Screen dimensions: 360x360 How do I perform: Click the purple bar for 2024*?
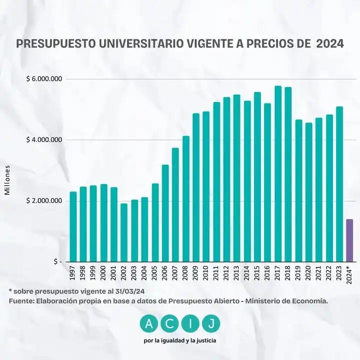(349, 240)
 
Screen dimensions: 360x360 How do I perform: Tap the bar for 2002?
(124, 232)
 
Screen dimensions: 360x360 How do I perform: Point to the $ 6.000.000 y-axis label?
(44, 79)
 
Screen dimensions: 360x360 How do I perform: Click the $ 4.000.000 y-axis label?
(44, 139)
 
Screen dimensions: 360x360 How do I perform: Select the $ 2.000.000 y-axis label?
(44, 200)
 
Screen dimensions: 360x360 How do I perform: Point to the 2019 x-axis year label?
(298, 273)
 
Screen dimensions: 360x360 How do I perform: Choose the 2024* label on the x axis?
(350, 274)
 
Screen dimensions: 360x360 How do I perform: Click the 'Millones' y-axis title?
(8, 181)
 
